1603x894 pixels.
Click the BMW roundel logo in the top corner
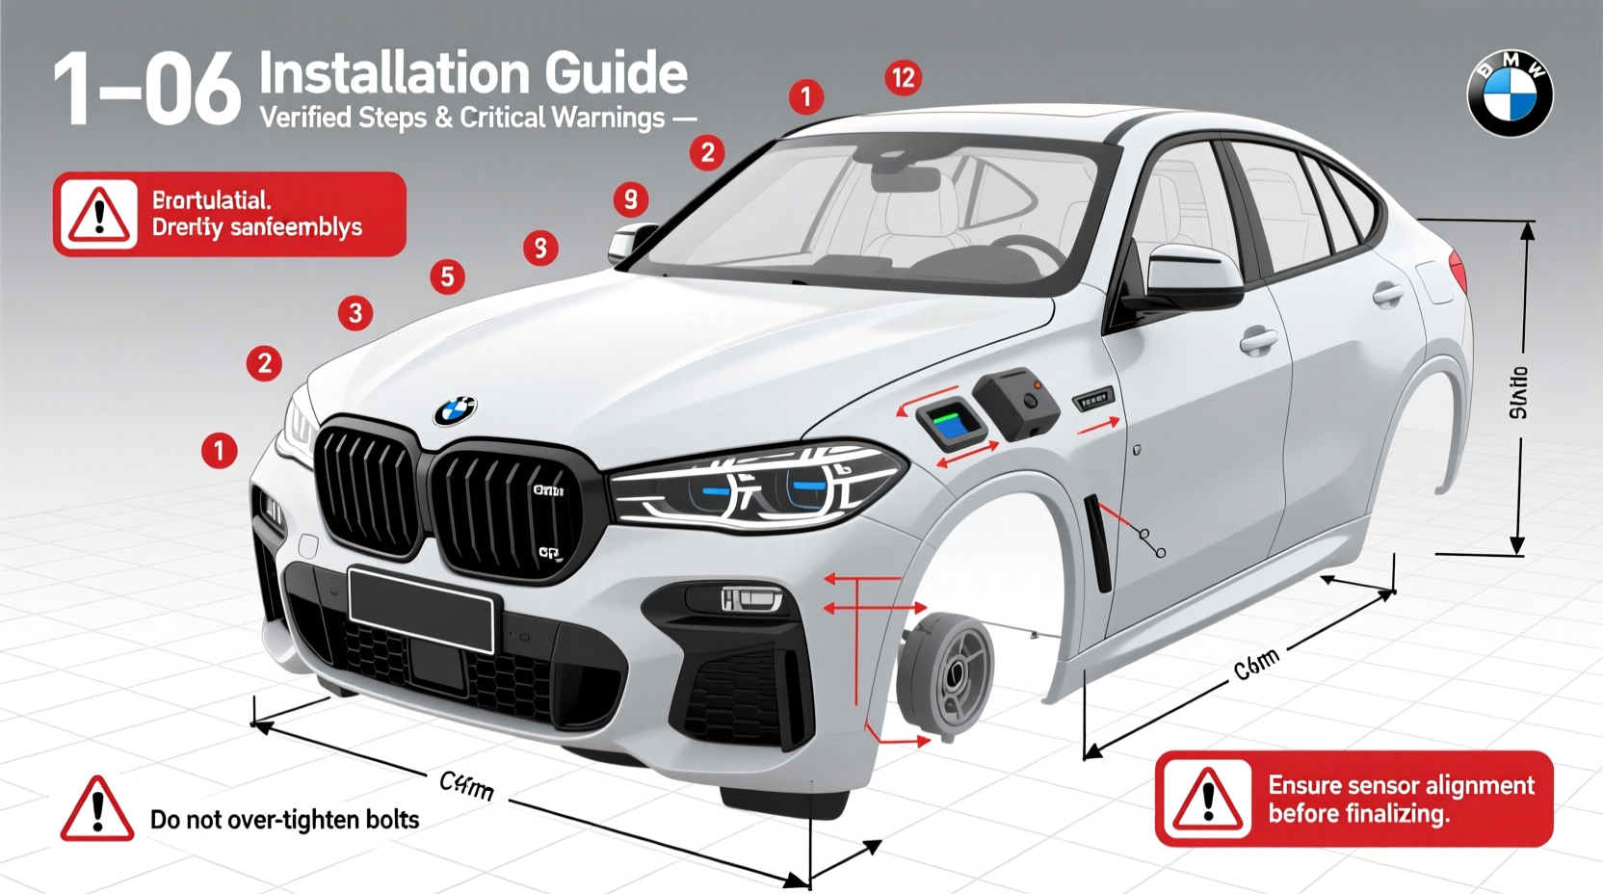(1510, 93)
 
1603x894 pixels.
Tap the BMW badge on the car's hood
(455, 410)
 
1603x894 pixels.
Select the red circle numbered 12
(903, 77)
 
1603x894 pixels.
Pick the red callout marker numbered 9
(630, 199)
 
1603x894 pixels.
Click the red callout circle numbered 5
(447, 277)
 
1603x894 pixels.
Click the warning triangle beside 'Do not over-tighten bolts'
(96, 811)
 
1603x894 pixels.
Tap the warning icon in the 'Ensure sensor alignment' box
(1207, 800)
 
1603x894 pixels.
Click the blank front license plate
(421, 610)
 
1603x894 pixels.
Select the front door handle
(1258, 339)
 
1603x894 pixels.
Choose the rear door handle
(1388, 294)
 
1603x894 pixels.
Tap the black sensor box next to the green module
(1017, 403)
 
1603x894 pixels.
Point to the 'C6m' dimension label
(1256, 664)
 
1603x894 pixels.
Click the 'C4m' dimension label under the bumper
(466, 785)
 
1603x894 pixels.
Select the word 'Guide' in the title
(616, 74)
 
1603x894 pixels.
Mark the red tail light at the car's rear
(1458, 271)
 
